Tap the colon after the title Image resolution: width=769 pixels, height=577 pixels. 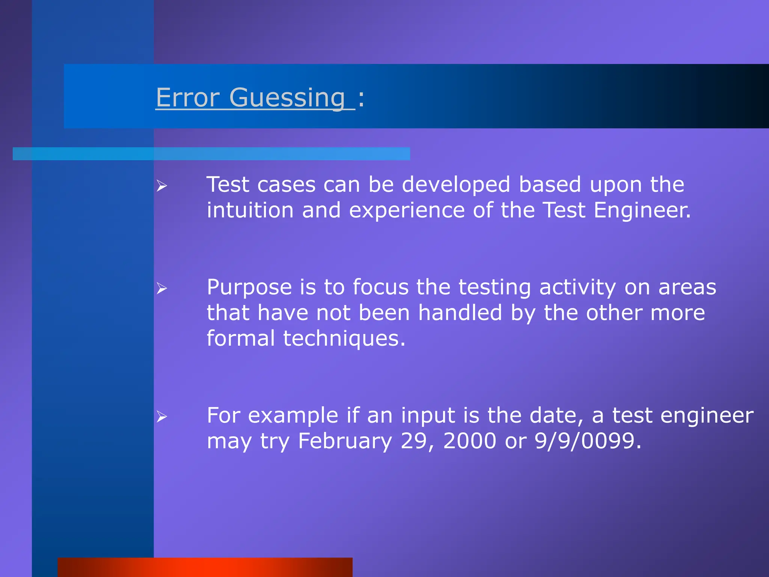(361, 99)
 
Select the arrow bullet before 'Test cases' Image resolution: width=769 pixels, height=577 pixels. (162, 186)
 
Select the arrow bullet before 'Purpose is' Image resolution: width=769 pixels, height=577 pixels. (162, 288)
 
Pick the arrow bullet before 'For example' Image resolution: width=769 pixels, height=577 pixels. (162, 417)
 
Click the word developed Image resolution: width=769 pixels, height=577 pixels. (456, 185)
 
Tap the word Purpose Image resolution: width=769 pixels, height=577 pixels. (249, 288)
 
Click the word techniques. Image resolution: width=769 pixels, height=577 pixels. (344, 338)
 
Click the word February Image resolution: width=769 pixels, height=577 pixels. (345, 441)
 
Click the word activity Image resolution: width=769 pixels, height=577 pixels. (578, 288)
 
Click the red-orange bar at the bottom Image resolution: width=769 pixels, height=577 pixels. (205, 567)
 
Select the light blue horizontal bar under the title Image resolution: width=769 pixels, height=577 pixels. (211, 154)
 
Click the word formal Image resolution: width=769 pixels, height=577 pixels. (241, 338)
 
